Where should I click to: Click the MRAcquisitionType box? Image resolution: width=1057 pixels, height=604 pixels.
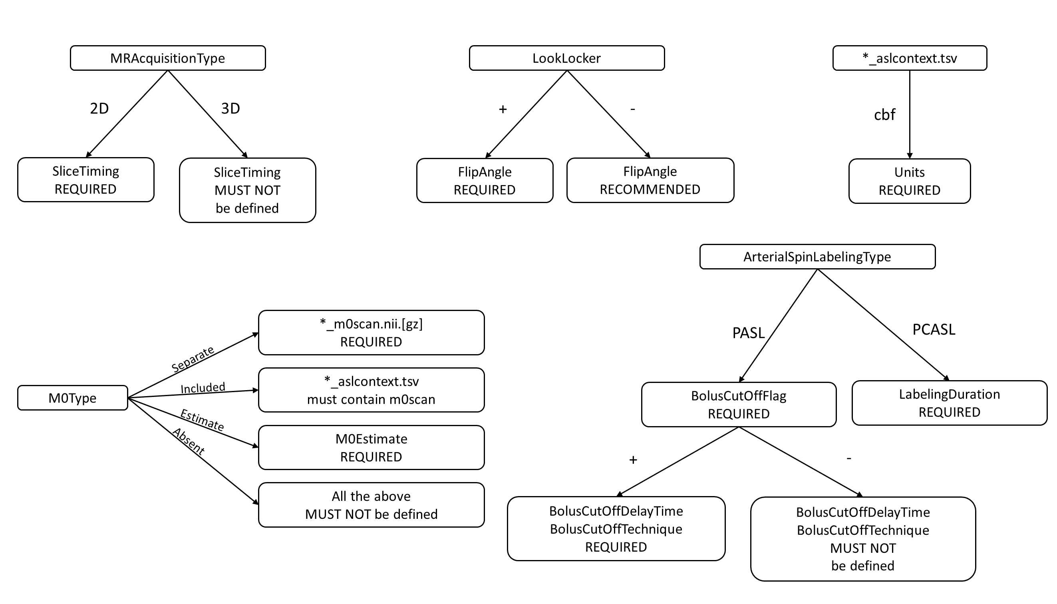coord(167,58)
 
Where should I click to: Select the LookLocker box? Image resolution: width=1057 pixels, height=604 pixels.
coord(566,58)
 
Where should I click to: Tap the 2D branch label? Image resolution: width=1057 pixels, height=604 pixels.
coord(99,108)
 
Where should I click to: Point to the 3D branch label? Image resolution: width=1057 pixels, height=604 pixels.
coord(230,108)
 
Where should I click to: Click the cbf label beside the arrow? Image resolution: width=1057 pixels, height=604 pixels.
coord(884,114)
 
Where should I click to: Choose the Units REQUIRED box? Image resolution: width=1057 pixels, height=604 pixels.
coord(909,181)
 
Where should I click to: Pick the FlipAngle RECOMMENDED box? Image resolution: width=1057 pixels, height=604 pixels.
coord(650,180)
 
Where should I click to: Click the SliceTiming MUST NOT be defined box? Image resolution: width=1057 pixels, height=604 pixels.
coord(247,190)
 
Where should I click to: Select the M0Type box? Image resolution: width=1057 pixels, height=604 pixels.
coord(73,398)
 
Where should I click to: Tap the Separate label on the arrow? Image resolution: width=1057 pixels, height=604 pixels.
coord(193,359)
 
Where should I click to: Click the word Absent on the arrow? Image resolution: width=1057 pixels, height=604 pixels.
coord(189,442)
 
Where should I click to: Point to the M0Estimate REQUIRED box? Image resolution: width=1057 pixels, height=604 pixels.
coord(371,447)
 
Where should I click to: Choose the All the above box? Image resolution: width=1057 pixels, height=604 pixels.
coord(371,505)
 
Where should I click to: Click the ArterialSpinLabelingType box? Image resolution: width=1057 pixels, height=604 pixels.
coord(817,257)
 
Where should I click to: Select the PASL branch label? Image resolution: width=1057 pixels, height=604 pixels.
coord(748,333)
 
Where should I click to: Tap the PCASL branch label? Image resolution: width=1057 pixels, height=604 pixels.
coord(934,329)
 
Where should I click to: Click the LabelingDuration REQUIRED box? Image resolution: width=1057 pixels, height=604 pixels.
coord(949,403)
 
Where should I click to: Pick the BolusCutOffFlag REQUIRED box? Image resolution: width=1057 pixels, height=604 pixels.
coord(738,405)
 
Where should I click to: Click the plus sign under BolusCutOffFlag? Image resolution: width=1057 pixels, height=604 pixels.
coord(633,460)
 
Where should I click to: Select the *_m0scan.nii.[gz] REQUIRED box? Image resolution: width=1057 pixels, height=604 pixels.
coord(371,332)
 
